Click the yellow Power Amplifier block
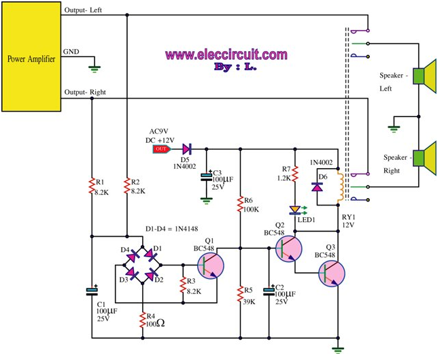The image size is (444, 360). point(31,58)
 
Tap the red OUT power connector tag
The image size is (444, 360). point(161,148)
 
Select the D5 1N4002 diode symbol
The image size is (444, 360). point(187,148)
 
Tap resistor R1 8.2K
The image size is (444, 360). point(92,188)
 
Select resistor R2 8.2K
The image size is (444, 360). point(127,188)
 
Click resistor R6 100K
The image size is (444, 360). point(240,204)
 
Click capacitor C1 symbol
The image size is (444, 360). point(92,292)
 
